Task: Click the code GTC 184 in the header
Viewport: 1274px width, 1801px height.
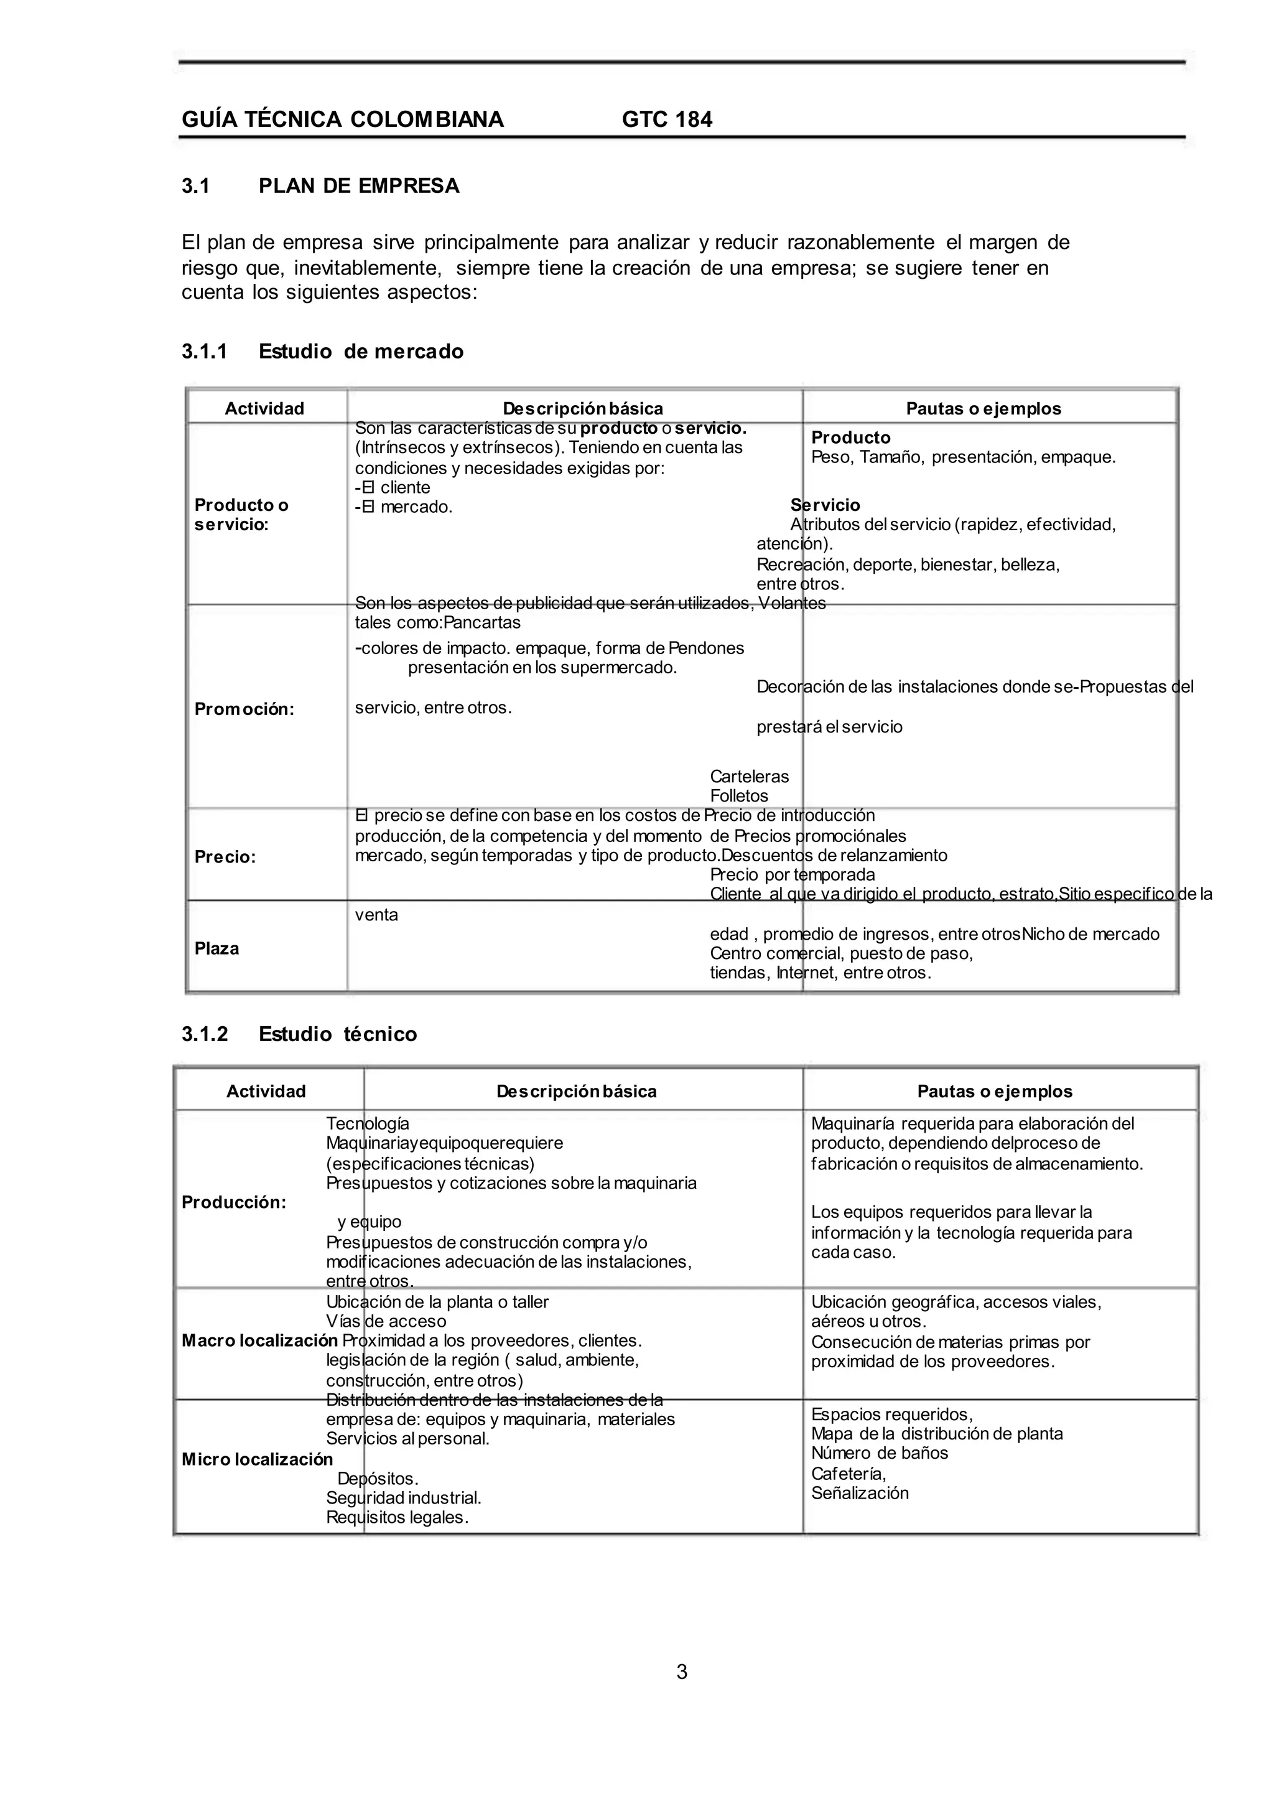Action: (667, 119)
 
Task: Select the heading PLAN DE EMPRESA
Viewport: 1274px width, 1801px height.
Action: (358, 186)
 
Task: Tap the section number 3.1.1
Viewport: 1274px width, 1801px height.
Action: (204, 352)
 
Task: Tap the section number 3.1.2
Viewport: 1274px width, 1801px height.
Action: (204, 1034)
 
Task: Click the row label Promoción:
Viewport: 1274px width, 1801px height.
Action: (244, 709)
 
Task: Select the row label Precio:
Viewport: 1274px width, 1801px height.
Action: (225, 857)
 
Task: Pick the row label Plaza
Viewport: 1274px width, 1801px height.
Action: (216, 949)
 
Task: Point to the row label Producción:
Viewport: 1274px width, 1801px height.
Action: (234, 1202)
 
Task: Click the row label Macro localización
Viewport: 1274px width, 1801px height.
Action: (259, 1340)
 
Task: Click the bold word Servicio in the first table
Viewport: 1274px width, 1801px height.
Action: (825, 505)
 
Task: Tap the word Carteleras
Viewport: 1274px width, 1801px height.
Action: (749, 777)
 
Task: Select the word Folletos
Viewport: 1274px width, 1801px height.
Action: (739, 796)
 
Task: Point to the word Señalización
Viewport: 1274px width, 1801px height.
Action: (860, 1494)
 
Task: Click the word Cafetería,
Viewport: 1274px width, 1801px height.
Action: (848, 1474)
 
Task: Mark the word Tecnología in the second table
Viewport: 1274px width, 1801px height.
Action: (367, 1124)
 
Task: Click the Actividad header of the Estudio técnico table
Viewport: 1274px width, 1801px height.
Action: (266, 1092)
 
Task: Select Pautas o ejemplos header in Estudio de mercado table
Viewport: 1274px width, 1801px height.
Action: (983, 409)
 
